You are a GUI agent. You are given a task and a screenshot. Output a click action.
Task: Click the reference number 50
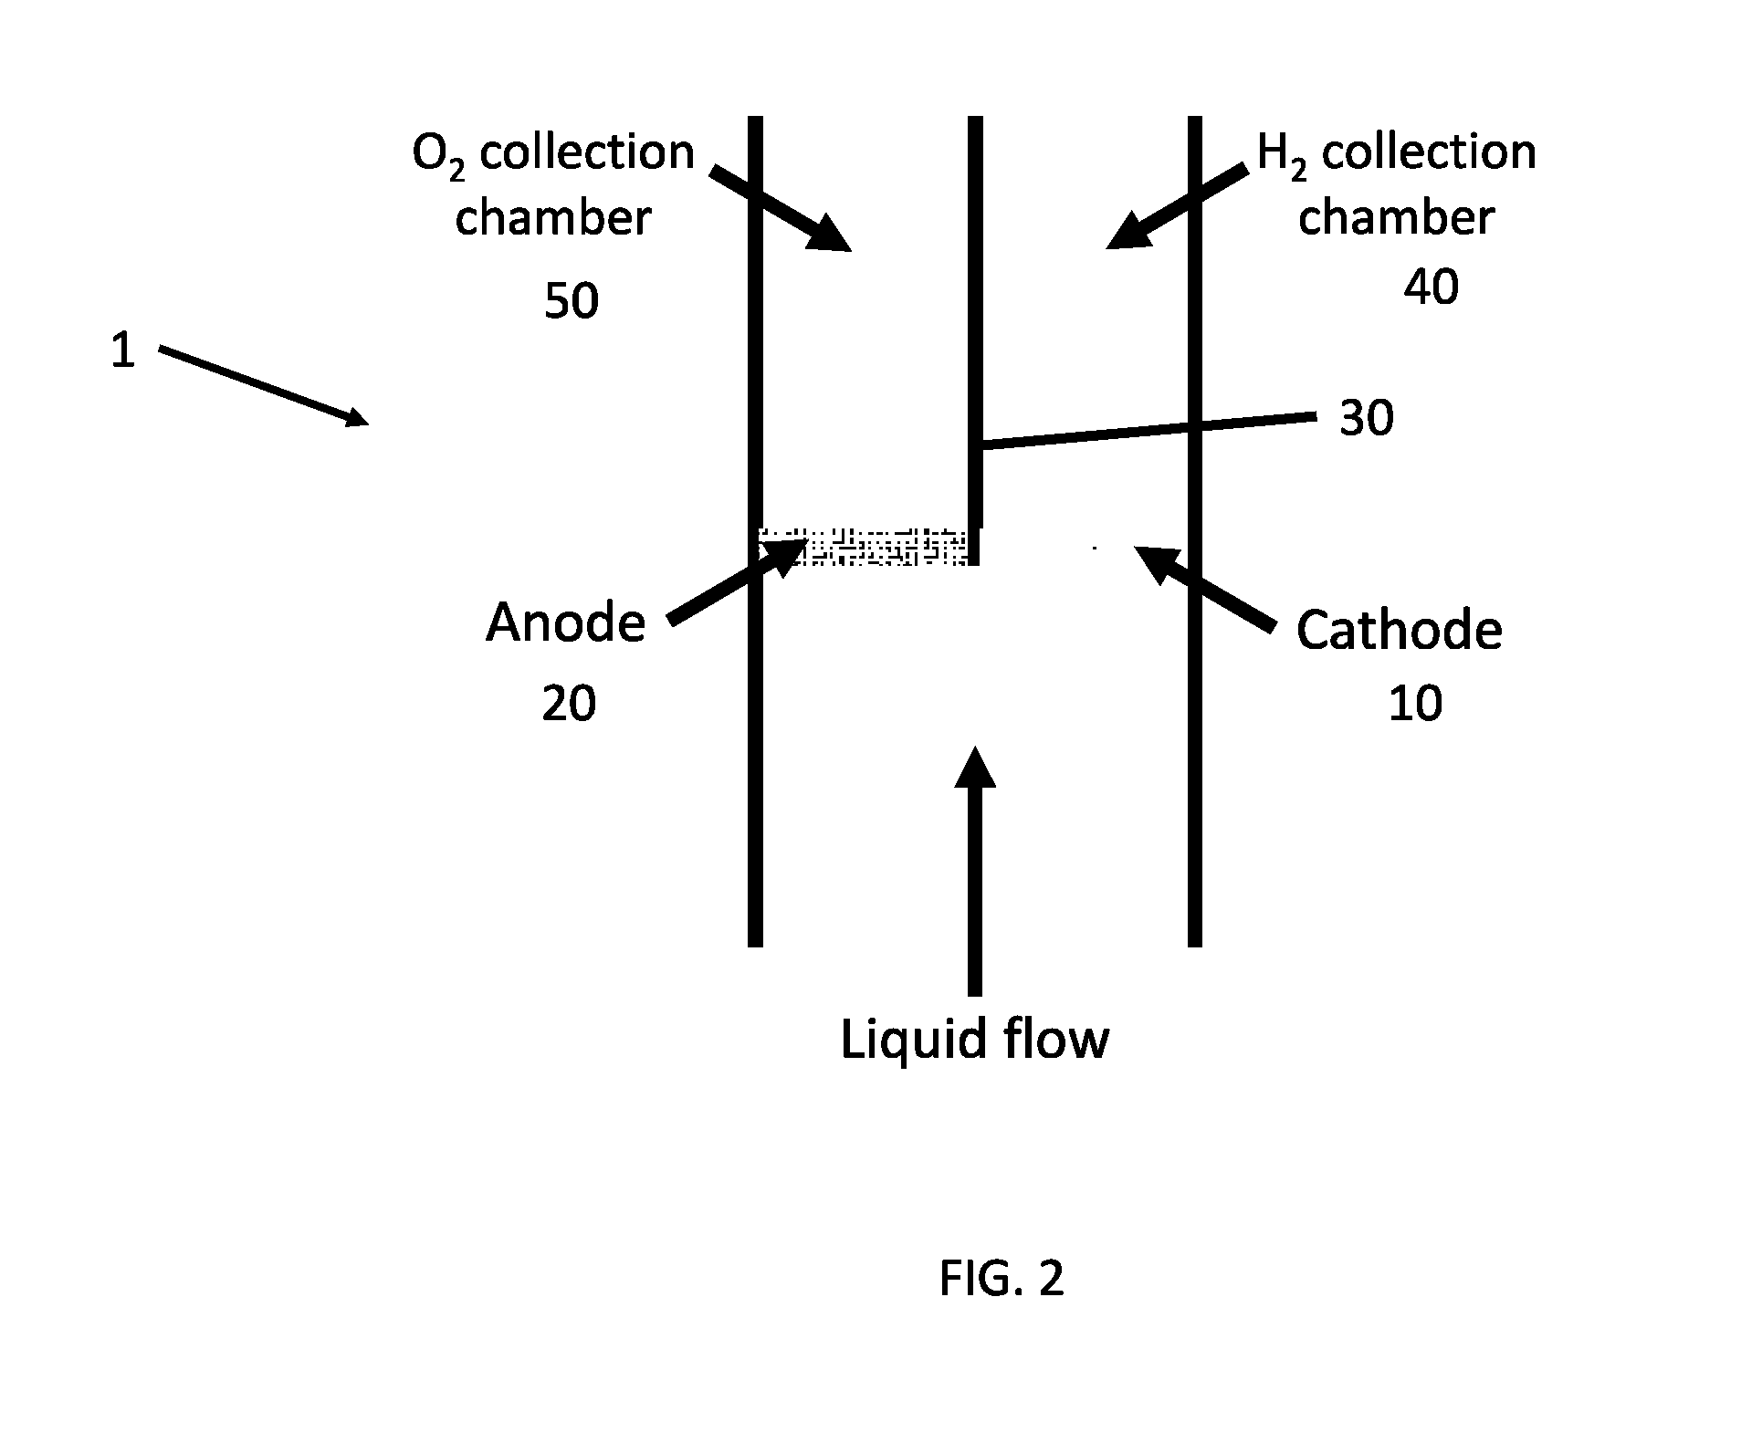[x=572, y=300]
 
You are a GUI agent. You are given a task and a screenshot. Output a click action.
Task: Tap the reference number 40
[x=1431, y=287]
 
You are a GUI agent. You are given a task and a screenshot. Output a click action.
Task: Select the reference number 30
[x=1367, y=419]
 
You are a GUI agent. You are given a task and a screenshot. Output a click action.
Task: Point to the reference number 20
[x=569, y=704]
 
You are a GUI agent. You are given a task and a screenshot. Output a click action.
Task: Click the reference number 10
[x=1415, y=704]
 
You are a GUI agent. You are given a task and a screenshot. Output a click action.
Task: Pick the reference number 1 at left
[x=123, y=350]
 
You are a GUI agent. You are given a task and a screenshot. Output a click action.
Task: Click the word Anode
[x=565, y=622]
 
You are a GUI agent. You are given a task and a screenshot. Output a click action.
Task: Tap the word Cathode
[x=1399, y=630]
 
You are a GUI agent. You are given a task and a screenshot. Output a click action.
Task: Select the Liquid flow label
[x=974, y=1039]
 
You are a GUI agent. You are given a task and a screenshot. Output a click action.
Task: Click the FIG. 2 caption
[x=1002, y=1279]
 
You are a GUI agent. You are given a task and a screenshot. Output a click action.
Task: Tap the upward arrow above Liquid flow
[x=975, y=871]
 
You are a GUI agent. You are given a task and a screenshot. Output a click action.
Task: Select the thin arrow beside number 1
[x=264, y=385]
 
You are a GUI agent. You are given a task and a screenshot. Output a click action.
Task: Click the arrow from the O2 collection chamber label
[x=781, y=208]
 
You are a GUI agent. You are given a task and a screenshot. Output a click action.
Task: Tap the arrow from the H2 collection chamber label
[x=1176, y=206]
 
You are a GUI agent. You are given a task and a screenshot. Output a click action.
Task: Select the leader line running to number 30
[x=1148, y=431]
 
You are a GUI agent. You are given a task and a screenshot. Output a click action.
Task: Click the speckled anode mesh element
[x=864, y=547]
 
